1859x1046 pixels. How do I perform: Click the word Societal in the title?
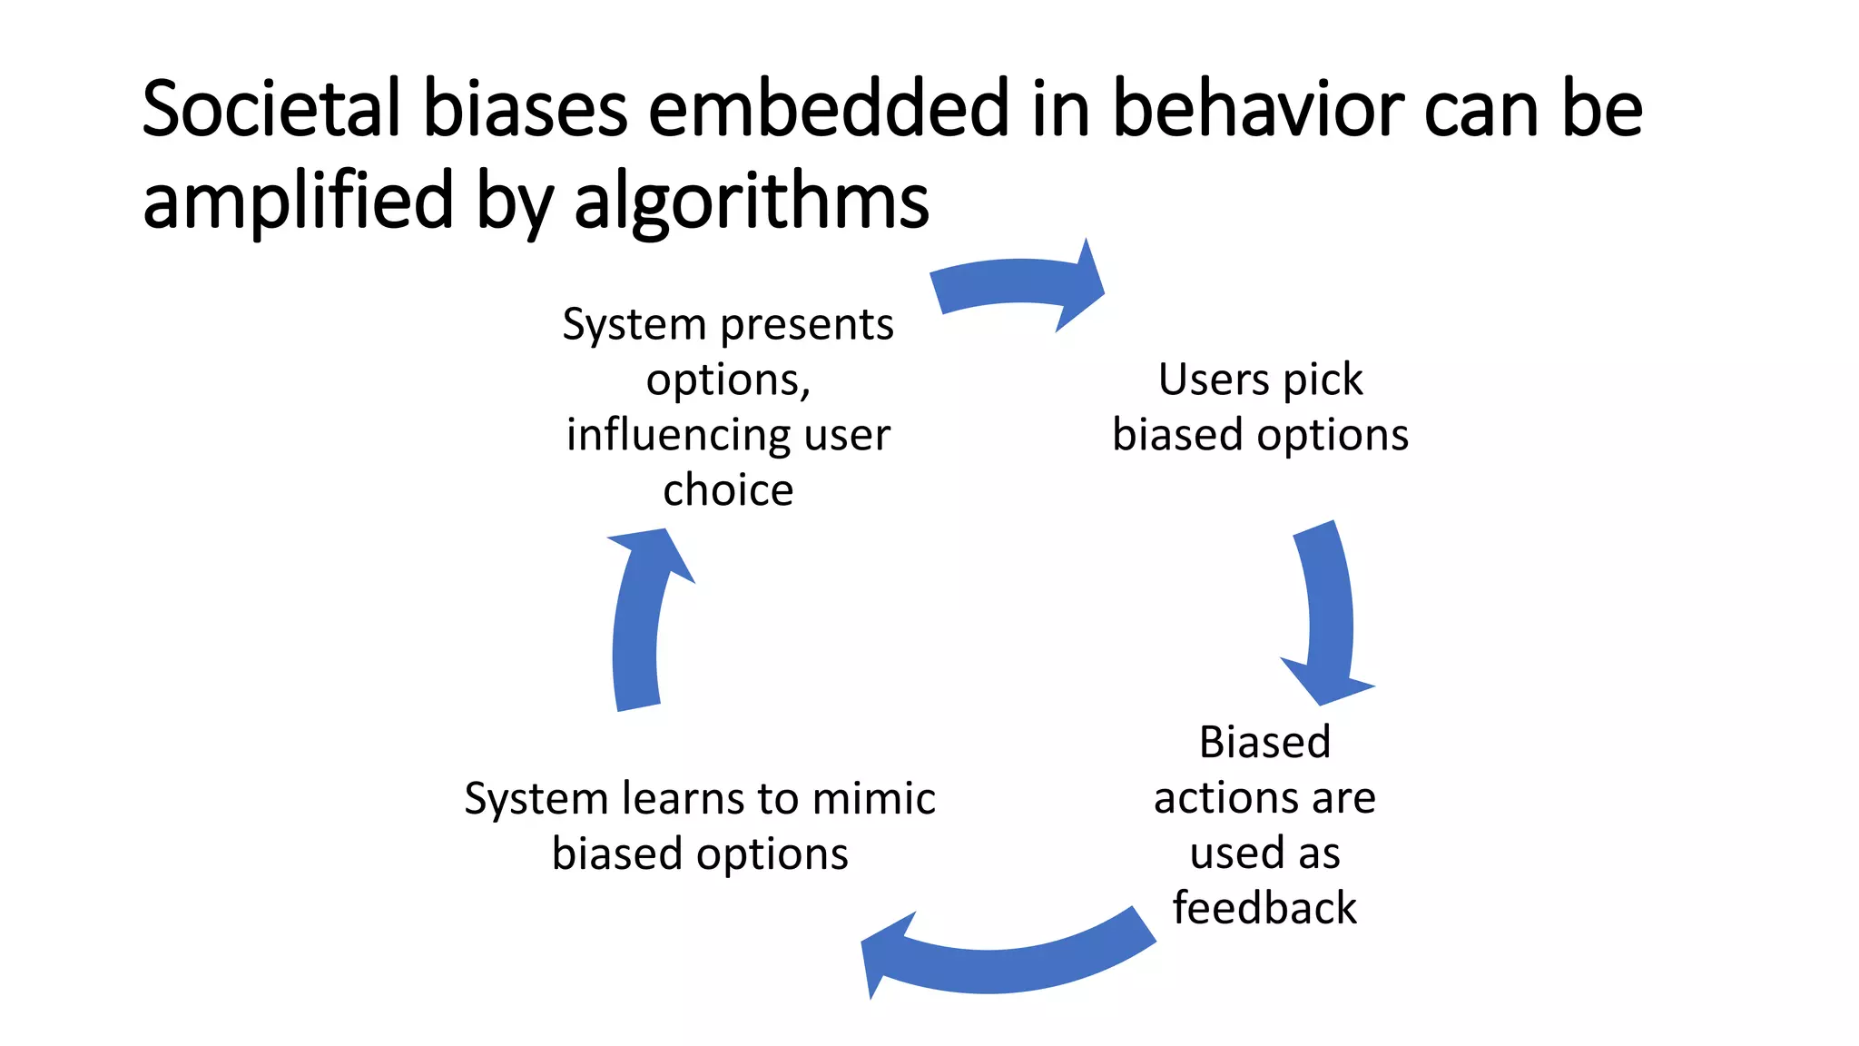coord(270,109)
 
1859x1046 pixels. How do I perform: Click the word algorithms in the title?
coord(752,202)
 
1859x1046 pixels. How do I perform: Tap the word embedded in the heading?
coord(828,109)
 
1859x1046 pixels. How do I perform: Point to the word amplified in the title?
coord(298,202)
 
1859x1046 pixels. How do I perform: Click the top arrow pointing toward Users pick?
coord(1017,285)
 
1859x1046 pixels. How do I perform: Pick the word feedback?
coord(1264,908)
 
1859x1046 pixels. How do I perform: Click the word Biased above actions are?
coord(1264,743)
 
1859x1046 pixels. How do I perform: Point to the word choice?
coord(728,490)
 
